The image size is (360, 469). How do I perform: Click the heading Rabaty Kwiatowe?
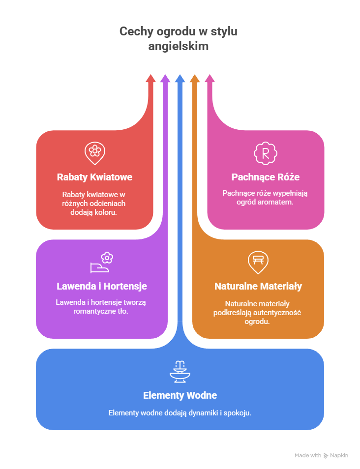tap(94, 177)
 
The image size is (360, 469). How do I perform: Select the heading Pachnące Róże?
tap(266, 177)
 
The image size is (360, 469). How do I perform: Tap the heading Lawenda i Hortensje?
tap(102, 286)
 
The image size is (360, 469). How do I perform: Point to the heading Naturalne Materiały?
tap(258, 286)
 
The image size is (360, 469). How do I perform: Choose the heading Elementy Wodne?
tap(180, 395)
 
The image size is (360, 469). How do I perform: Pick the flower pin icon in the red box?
tap(94, 152)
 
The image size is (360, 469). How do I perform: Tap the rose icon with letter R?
tap(266, 153)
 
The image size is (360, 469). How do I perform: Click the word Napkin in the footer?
tap(339, 456)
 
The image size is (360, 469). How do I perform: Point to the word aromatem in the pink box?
tap(278, 202)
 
